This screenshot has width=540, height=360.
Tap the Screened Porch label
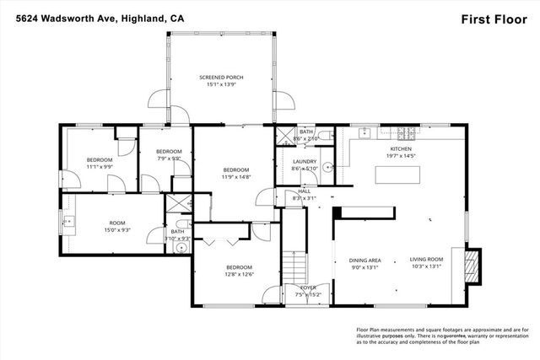(x=222, y=78)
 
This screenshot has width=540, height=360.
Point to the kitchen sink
(x=364, y=132)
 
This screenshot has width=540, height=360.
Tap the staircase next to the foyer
(x=293, y=269)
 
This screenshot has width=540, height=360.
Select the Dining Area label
(x=364, y=261)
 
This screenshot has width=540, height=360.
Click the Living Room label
(x=427, y=261)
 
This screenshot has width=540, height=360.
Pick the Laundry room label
(x=304, y=162)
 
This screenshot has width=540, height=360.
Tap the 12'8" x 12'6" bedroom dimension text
(x=240, y=274)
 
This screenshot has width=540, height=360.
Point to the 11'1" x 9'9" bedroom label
(x=99, y=162)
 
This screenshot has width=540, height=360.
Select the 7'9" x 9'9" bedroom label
(x=170, y=153)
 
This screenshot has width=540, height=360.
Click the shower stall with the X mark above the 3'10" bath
(x=178, y=202)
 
